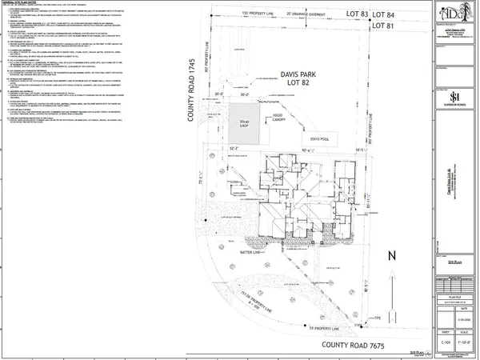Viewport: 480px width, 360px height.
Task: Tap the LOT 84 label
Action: [410, 14]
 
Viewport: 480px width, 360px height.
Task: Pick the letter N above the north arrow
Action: [391, 256]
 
